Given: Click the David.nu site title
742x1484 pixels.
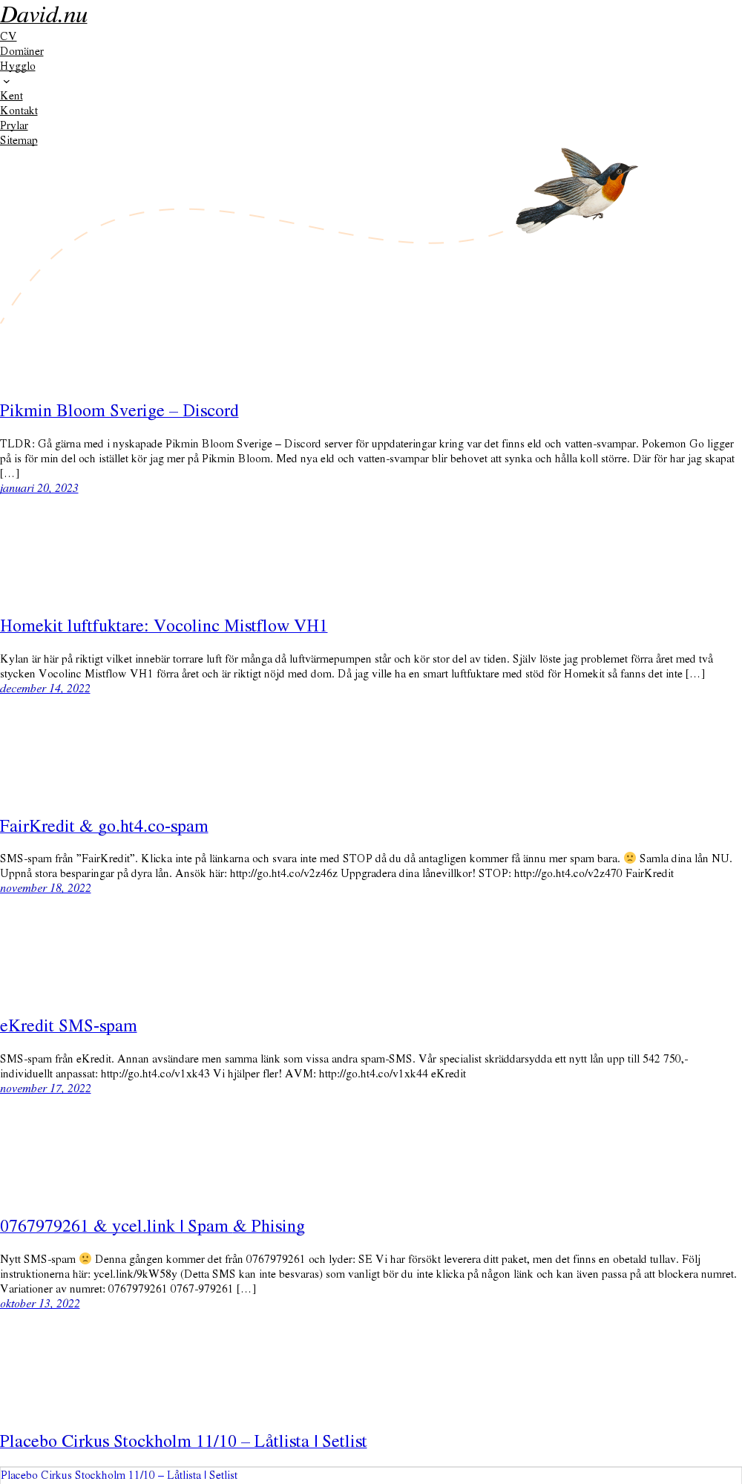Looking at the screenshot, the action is [44, 15].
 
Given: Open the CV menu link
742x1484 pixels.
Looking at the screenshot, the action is [8, 36].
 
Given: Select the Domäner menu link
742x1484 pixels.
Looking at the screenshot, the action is [22, 51].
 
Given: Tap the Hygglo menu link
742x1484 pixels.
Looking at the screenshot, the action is [18, 66].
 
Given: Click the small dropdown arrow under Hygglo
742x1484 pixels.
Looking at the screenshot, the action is [7, 82].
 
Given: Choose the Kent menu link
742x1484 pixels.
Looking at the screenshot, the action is [11, 96].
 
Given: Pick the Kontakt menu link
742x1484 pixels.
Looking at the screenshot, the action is [19, 111].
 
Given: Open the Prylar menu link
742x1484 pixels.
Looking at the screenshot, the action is [14, 125].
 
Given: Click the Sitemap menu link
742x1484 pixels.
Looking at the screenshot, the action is [19, 140].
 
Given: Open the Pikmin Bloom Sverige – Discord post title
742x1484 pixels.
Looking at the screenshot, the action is [119, 411].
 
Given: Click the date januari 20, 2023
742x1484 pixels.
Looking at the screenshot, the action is [39, 488].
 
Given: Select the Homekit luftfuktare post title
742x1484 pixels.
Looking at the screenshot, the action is [164, 626].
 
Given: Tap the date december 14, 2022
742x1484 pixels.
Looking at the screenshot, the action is [45, 689].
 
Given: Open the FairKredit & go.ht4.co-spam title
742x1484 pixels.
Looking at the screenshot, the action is [104, 827].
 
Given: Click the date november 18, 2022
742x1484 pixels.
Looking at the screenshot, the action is [45, 888].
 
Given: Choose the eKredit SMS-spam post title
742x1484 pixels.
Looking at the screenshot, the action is [68, 1026].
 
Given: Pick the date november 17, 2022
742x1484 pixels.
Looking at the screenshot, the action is [45, 1089].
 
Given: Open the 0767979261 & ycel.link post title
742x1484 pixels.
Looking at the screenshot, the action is [152, 1227].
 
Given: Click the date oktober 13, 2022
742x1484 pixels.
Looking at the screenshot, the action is [40, 1304].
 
